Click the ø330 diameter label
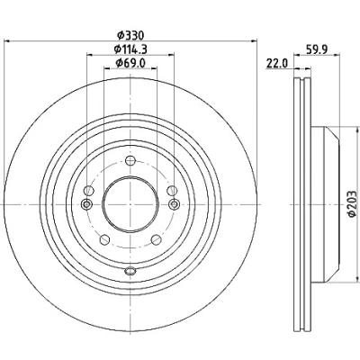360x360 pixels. click(130, 35)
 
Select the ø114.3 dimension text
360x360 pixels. click(130, 49)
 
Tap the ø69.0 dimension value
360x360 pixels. click(130, 62)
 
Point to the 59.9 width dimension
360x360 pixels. click(317, 49)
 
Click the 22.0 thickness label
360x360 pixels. click(277, 63)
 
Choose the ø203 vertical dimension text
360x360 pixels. click(352, 203)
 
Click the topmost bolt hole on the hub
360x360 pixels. click(130, 161)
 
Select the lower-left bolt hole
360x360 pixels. click(104, 239)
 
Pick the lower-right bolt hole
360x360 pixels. click(156, 239)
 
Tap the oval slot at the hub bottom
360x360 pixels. click(130, 271)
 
